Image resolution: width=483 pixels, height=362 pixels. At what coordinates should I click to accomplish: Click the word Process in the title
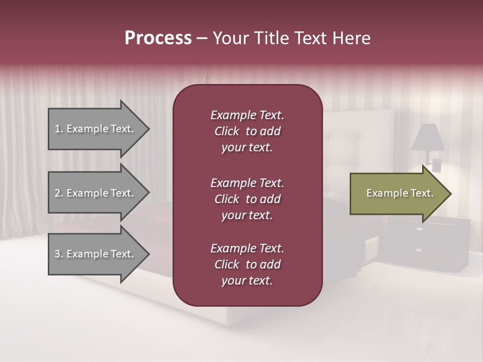pos(158,38)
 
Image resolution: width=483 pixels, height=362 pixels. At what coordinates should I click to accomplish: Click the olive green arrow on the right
pos(397,194)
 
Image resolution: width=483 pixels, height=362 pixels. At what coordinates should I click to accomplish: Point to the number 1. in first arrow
pos(59,129)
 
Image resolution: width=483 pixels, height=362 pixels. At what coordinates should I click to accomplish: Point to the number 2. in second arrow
pos(59,193)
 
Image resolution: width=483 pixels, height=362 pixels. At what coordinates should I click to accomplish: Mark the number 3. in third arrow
pos(59,254)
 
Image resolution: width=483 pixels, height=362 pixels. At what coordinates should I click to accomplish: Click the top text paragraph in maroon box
pos(247,131)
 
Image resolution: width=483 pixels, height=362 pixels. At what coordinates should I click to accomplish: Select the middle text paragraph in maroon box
pos(247,199)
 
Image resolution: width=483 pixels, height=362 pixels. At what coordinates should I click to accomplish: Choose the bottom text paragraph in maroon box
pos(247,264)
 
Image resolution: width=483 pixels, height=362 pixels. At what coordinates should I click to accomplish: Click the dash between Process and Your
pos(202,38)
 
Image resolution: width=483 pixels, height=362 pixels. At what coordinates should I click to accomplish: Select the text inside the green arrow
pos(399,194)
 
